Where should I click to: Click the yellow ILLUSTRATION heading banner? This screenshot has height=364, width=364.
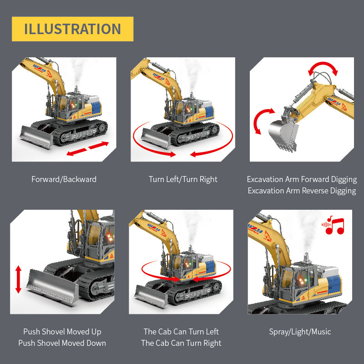[72, 29]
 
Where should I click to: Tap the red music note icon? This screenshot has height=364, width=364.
[333, 225]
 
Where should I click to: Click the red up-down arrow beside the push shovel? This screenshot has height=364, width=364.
[18, 279]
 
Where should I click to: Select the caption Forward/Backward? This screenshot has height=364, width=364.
[64, 179]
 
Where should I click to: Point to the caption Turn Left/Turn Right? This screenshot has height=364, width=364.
[183, 179]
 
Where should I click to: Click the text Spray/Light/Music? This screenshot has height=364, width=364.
[300, 332]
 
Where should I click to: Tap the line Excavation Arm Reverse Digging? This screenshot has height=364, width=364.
[302, 191]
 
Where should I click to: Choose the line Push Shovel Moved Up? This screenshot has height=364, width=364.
[62, 332]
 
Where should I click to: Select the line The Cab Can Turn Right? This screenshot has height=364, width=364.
[181, 343]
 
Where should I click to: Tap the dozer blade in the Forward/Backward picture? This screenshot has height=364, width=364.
[37, 137]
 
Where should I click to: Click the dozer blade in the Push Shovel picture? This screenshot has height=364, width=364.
[52, 287]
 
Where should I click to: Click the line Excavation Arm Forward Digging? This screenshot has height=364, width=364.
[302, 179]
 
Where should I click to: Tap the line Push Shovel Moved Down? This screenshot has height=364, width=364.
[62, 343]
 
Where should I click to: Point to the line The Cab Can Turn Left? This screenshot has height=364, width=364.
[181, 332]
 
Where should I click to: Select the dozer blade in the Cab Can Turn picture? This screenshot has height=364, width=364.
[152, 297]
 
